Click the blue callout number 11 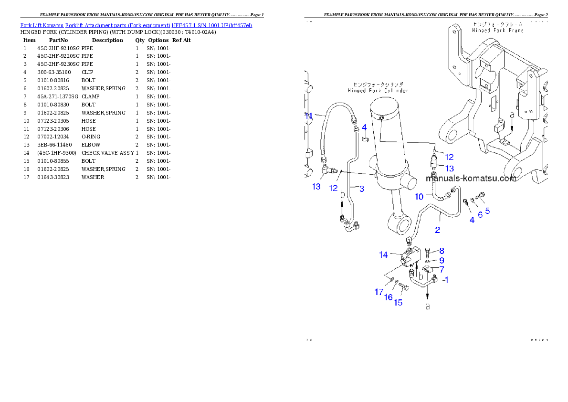[308, 116]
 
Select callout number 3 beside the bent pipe [362, 189]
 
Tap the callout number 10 [419, 197]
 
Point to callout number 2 [437, 230]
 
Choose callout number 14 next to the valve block [383, 255]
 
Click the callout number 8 [442, 251]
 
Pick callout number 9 [442, 261]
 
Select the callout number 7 [442, 270]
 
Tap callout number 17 [379, 292]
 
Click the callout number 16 [388, 297]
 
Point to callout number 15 [398, 302]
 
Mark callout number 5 [487, 210]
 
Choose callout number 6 [480, 215]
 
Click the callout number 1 [446, 280]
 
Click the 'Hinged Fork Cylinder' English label [378, 90]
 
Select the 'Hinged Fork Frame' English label [497, 30]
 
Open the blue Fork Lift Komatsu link [136, 25]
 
